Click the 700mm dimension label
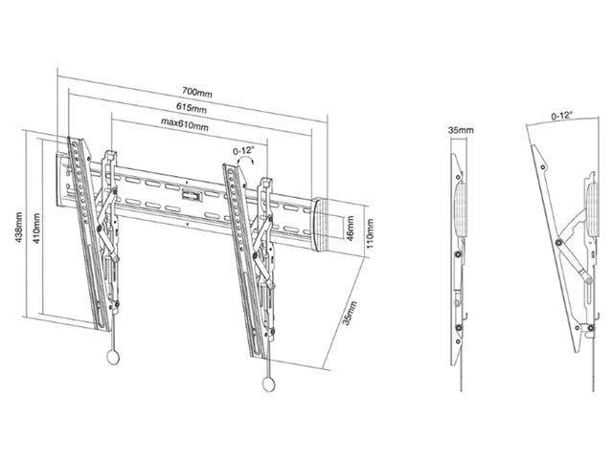(197, 93)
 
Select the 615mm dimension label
(192, 107)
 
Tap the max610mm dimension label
(185, 123)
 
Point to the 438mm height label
(18, 228)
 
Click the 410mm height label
(36, 229)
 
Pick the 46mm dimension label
(350, 229)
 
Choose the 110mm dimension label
(370, 233)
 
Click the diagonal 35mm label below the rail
(349, 313)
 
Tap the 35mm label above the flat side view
(461, 130)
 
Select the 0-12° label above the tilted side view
(562, 116)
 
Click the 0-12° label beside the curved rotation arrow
(243, 151)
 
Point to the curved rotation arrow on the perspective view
(246, 159)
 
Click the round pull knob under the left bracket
(113, 357)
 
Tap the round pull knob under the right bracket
(269, 384)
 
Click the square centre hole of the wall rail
(192, 195)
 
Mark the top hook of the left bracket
(109, 156)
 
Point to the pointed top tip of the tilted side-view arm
(532, 146)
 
